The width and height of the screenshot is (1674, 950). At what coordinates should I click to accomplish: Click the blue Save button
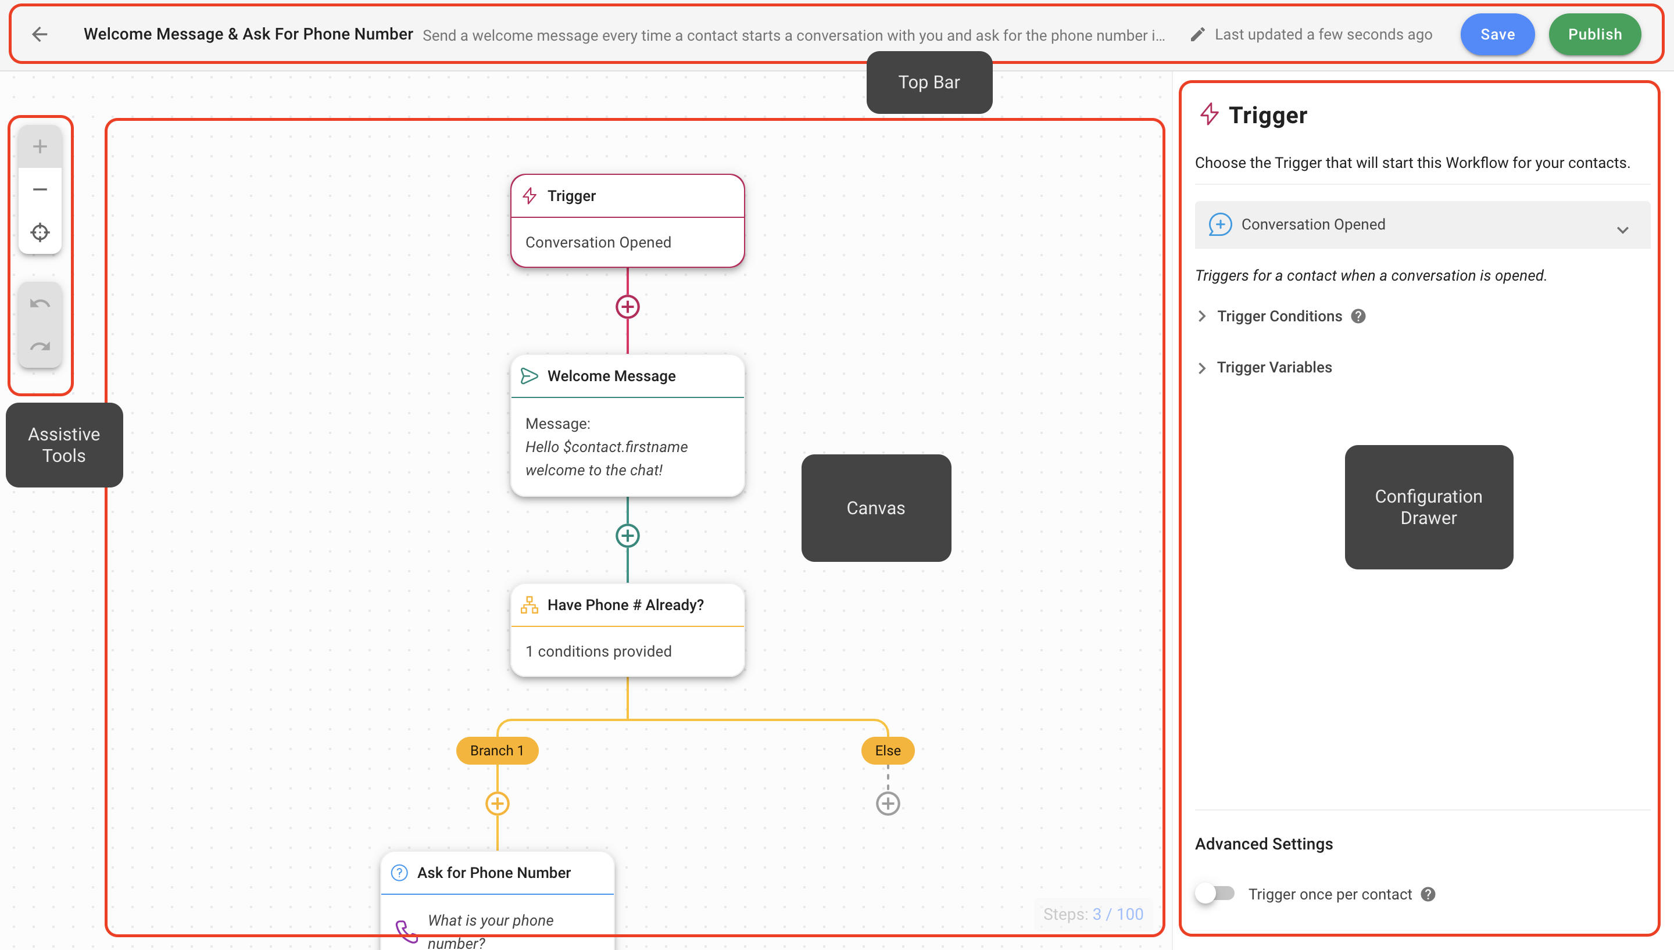click(1497, 35)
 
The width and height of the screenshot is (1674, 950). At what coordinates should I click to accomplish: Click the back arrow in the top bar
click(40, 35)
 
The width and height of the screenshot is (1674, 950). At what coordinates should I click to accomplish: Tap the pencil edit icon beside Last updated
click(1197, 35)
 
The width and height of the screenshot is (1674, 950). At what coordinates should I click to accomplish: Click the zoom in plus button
click(40, 146)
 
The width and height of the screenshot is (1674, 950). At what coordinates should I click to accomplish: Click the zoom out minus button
click(40, 189)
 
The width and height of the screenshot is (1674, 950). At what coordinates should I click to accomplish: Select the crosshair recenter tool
click(40, 232)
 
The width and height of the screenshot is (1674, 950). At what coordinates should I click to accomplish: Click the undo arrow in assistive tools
click(40, 303)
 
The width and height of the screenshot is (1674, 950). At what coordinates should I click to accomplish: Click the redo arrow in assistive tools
click(40, 346)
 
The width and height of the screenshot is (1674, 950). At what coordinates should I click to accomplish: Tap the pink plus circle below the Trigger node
click(627, 307)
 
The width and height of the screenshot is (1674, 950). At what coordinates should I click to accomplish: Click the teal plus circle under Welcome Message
click(627, 536)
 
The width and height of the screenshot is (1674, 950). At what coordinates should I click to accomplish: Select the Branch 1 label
click(496, 750)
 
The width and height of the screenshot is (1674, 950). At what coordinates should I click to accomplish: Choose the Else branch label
click(888, 750)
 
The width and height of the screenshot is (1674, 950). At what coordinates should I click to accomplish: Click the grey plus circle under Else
click(888, 803)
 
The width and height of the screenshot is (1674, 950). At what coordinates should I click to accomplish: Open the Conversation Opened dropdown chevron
click(1622, 230)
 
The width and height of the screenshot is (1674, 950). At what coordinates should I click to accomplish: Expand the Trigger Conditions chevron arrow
click(1202, 317)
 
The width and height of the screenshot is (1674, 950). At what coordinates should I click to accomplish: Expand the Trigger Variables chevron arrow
click(1202, 368)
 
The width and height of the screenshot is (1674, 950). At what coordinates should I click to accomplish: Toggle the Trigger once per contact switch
click(1215, 893)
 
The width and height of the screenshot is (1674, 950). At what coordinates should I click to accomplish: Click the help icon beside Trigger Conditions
click(1358, 317)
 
